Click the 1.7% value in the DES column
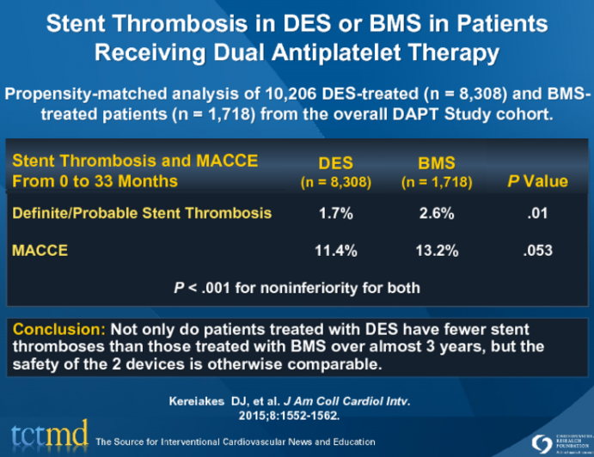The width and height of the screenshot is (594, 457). pos(335,214)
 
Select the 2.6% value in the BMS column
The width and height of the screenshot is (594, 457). pos(436,214)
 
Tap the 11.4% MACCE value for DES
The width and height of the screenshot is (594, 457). pos(335,251)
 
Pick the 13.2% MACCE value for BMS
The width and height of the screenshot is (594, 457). pos(436,251)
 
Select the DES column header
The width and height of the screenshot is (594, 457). pos(335,162)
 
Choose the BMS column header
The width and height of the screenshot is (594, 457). pos(436,162)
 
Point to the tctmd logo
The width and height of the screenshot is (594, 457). pos(46,436)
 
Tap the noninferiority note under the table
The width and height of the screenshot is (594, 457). pos(297,285)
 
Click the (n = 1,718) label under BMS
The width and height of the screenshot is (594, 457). pos(436,182)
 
